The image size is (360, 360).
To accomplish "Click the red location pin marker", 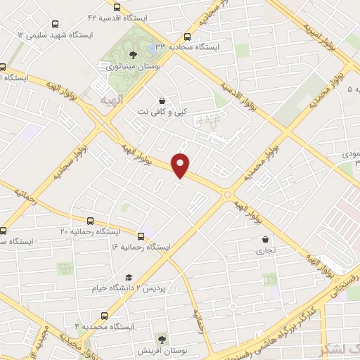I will (x=181, y=165).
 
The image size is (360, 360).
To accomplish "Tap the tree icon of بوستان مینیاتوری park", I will (x=134, y=54).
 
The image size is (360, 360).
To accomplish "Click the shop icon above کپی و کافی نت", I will (x=163, y=100).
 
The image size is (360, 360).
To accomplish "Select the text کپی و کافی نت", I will (x=164, y=112).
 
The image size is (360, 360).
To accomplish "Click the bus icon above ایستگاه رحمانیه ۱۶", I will (x=141, y=236).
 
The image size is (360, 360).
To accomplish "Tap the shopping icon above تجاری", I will (x=265, y=239).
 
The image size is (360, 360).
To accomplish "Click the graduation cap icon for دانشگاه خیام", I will (x=129, y=278).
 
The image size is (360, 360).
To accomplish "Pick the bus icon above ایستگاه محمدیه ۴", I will (x=105, y=316).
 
